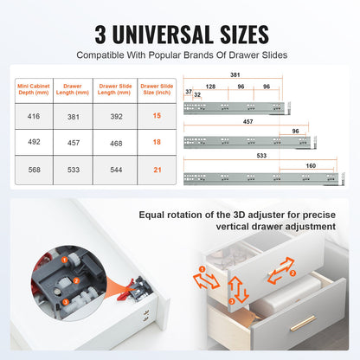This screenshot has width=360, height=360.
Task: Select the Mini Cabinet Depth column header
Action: point(34,90)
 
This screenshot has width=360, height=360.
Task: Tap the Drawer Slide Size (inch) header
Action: point(156,90)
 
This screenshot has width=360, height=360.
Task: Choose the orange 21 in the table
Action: point(156,170)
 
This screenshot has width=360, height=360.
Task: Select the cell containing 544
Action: point(114,170)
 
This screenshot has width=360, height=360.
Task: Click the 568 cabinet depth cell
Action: point(34,170)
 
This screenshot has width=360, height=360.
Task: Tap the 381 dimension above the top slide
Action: point(235,74)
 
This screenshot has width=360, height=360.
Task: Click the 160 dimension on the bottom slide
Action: point(309,164)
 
